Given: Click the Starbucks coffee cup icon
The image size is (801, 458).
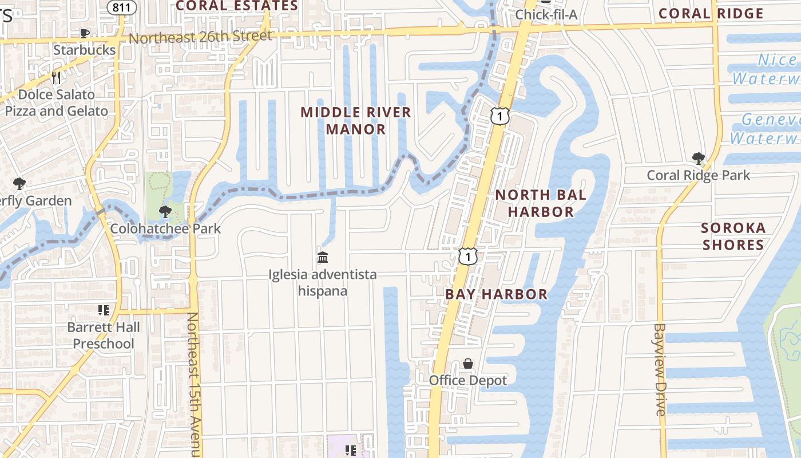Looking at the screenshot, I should (x=85, y=33).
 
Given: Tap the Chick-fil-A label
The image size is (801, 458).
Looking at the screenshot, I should (x=546, y=14).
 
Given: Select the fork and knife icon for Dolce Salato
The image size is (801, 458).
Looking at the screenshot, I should (x=56, y=77).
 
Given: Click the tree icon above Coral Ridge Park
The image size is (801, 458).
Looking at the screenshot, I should (x=698, y=159).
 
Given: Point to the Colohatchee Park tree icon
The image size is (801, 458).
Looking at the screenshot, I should (x=165, y=212).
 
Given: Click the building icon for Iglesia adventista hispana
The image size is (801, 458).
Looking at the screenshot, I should (x=323, y=257).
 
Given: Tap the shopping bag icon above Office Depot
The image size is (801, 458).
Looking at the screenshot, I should (x=468, y=364).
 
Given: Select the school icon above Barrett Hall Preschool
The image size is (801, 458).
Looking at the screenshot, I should (x=104, y=310).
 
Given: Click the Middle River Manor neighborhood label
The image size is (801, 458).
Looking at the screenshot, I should (x=356, y=120).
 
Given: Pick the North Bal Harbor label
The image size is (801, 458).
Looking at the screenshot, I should (x=541, y=203).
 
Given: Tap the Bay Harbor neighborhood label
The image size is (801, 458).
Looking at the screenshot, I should (x=496, y=294).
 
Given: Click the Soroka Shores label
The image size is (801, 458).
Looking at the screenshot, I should (x=733, y=236).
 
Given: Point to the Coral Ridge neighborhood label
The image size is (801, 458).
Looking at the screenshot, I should (x=711, y=14).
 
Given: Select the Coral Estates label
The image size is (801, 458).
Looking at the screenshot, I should (x=237, y=6).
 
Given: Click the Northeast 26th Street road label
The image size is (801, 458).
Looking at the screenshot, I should (x=200, y=37).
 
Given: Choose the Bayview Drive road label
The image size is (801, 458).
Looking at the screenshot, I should (x=660, y=369).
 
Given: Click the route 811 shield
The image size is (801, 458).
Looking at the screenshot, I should (x=121, y=7).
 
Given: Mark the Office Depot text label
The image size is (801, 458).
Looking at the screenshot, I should (x=468, y=380).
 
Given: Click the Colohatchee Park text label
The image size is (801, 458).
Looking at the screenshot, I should (x=165, y=228).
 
